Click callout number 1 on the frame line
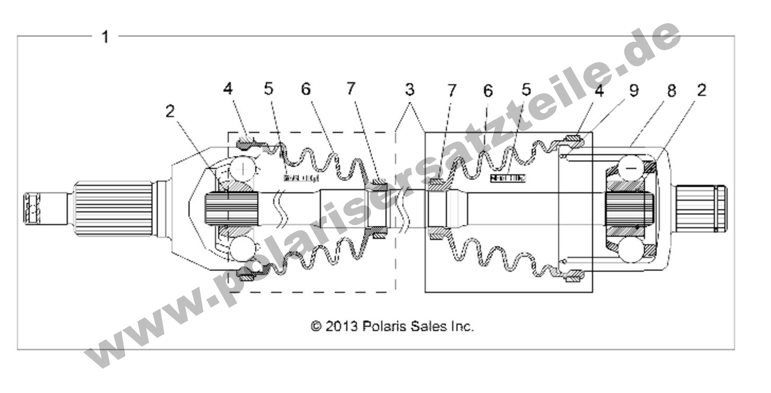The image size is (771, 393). tap(105, 37)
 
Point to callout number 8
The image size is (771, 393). tap(671, 91)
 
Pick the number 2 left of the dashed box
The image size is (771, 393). tap(169, 111)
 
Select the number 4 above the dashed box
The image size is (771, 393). tap(228, 89)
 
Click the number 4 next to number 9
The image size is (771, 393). tap(599, 91)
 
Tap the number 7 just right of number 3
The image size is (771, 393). tap(452, 91)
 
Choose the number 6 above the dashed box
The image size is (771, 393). tap(306, 89)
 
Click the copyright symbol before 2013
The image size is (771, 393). tap(316, 326)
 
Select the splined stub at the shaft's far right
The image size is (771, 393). tap(701, 208)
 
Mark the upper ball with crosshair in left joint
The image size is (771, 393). tap(243, 169)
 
